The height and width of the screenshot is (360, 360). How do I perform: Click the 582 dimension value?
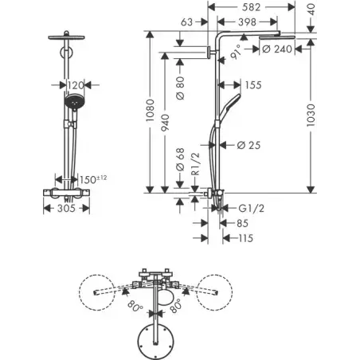point(251,7)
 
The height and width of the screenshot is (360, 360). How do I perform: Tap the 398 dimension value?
point(247,22)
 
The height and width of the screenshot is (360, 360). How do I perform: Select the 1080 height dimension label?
point(150,111)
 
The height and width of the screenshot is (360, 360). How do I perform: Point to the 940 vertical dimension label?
point(165,123)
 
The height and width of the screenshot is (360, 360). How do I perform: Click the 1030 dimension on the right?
point(311,115)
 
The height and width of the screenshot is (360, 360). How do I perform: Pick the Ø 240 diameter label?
point(277,49)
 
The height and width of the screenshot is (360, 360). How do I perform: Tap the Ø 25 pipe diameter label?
point(248,145)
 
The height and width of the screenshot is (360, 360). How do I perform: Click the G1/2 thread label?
point(251,209)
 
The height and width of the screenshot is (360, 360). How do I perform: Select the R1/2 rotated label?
point(195,163)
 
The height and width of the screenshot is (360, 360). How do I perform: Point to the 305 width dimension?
point(66,208)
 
